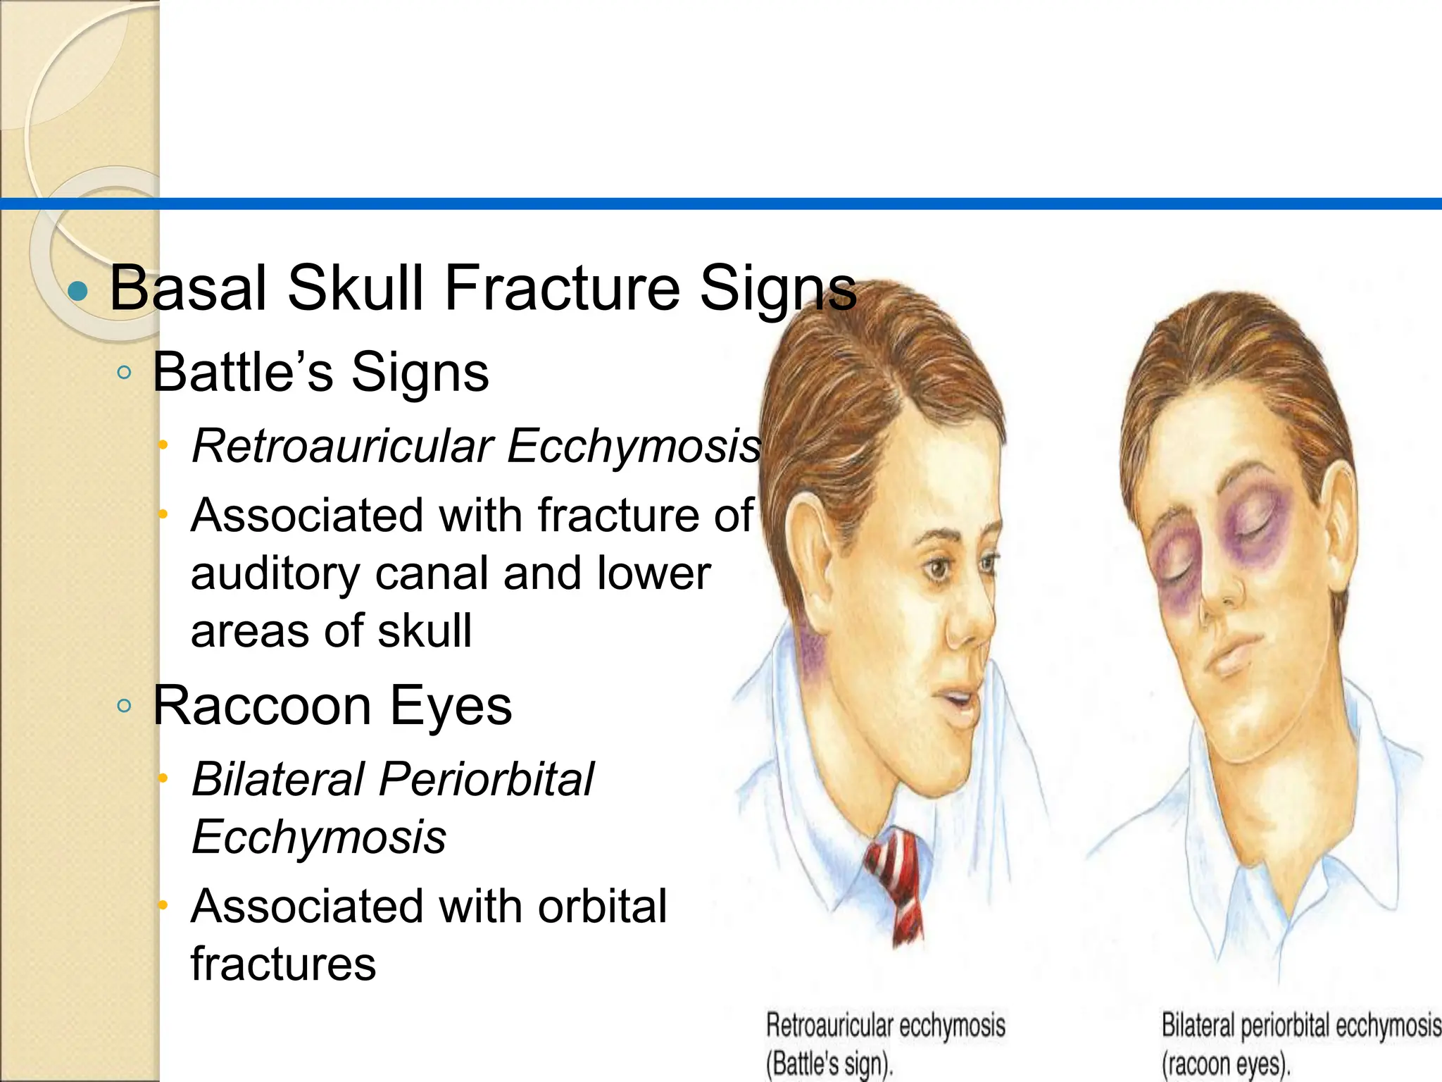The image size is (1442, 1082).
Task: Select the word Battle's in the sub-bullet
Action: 243,372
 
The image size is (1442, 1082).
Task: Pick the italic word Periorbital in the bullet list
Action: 487,779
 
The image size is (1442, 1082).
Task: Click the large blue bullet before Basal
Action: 78,290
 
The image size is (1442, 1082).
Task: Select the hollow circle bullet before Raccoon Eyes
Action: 125,706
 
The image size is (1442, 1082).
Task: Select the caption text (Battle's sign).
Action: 829,1064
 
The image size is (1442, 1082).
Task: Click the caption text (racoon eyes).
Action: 1225,1064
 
